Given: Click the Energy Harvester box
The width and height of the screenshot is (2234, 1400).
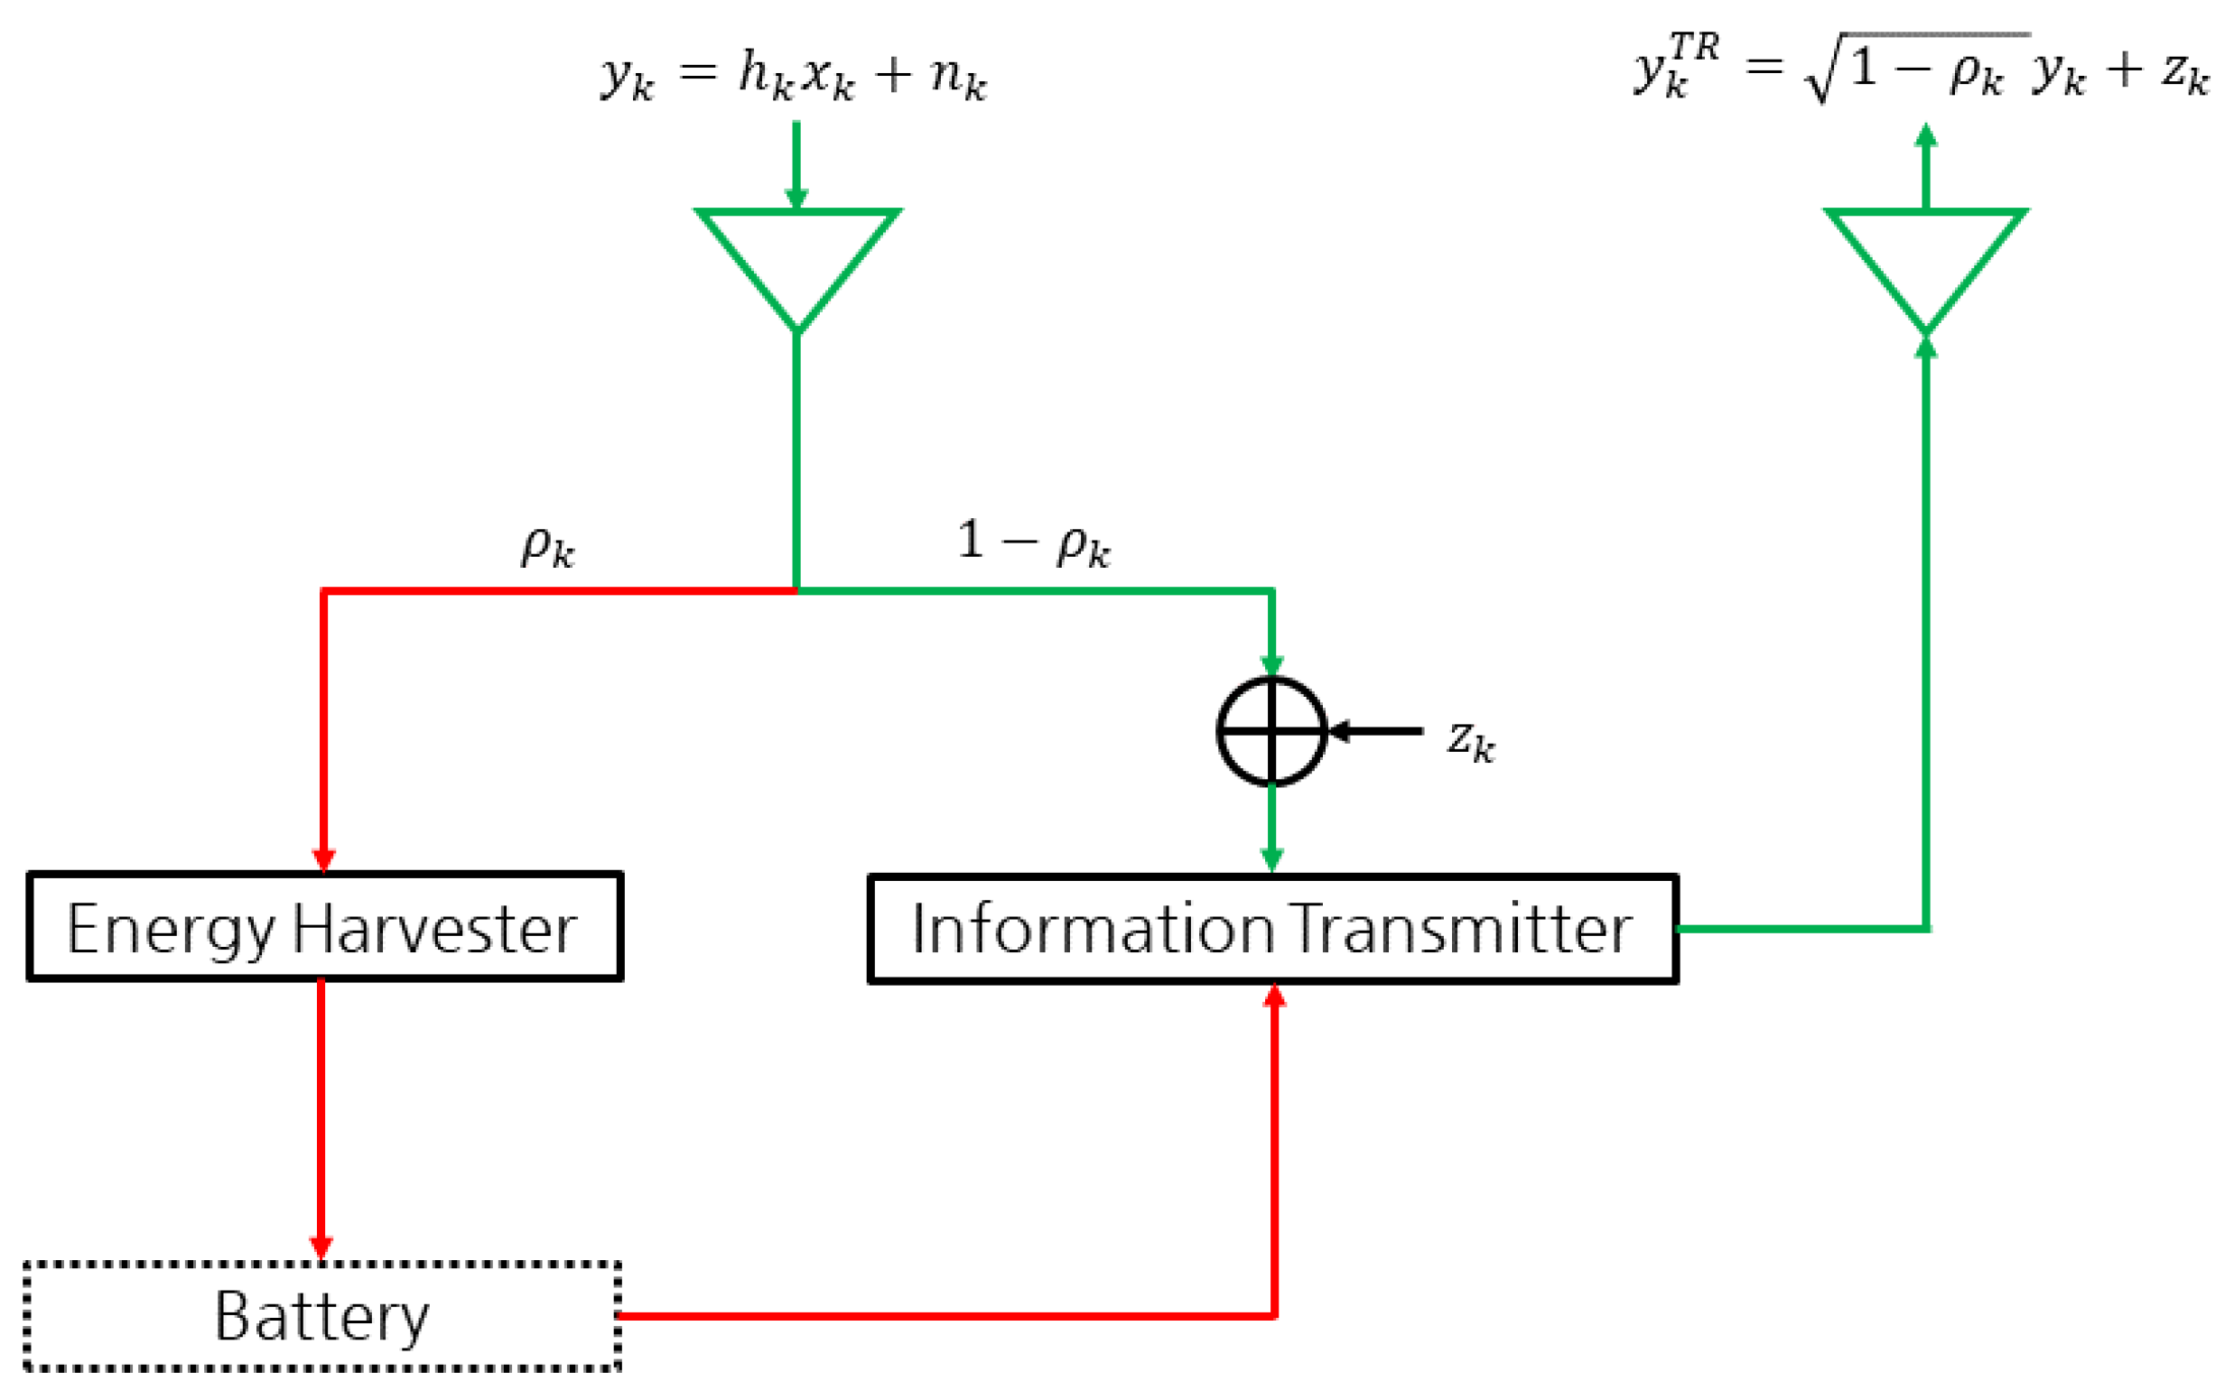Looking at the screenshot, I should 324,926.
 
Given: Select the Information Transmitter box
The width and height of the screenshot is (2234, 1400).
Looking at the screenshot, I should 1271,929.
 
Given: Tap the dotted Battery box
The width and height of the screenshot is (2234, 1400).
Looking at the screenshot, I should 321,1316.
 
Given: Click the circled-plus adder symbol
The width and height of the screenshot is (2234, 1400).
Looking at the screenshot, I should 1271,731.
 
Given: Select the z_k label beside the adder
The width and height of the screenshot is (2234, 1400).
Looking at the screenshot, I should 1471,741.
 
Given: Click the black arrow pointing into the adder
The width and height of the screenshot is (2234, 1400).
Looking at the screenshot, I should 1375,731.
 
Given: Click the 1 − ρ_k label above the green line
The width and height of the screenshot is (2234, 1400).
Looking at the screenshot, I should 1033,542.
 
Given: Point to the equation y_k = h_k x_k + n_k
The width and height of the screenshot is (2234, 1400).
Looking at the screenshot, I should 794,74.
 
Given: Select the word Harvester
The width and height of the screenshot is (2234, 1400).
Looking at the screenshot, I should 434,929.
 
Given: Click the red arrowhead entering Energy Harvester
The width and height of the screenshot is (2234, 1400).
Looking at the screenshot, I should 323,861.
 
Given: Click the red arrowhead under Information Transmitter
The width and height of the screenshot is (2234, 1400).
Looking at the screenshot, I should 1274,997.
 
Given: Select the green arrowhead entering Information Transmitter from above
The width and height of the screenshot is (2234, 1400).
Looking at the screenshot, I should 1271,861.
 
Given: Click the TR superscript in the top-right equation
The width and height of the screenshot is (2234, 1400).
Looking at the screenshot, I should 1694,46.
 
